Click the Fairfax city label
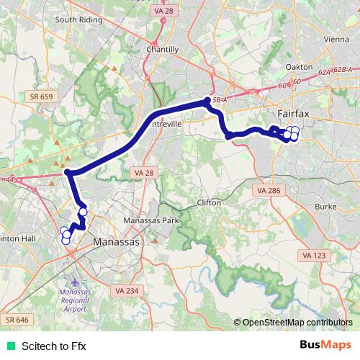coord(295,114)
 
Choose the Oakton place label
coord(299,67)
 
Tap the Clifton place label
coord(209,203)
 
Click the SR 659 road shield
coord(42,96)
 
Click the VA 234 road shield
coord(126,289)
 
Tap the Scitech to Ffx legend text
coord(53,346)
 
